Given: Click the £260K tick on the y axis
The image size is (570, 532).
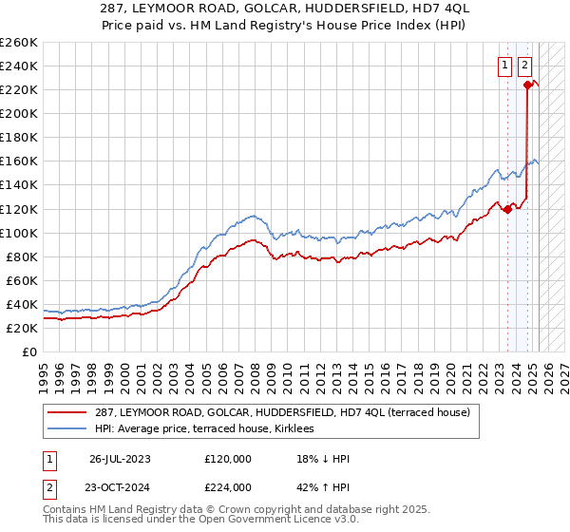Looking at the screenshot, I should point(19,42).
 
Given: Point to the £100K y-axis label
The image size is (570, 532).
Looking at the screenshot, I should point(19,233).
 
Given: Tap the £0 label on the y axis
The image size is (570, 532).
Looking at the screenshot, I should point(29,351).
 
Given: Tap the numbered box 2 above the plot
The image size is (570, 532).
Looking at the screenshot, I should point(525,66).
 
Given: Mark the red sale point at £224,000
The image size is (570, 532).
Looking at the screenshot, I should point(527,85).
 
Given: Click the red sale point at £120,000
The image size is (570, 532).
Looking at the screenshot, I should point(507,209).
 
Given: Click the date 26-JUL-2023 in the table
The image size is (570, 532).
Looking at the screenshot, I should point(120,459).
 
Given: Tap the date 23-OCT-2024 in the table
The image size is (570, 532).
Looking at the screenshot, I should point(121,487).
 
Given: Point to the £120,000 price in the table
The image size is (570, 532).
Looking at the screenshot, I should point(227,459).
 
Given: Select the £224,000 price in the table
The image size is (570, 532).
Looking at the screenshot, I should point(227,487).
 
